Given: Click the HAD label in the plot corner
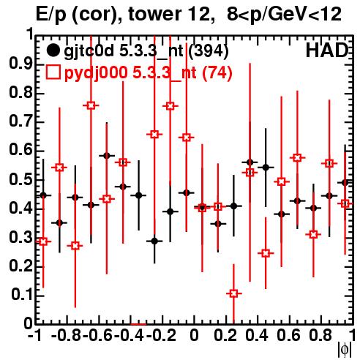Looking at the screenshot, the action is point(327,50).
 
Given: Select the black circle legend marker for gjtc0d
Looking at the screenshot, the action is point(53,50).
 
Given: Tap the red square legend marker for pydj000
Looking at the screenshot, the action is point(53,72).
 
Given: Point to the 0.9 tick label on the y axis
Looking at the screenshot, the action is point(20,64).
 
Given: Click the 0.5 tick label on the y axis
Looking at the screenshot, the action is point(20,180).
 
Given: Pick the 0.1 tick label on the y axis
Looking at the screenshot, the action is point(22,295).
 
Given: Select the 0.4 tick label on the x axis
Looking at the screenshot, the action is point(257,335).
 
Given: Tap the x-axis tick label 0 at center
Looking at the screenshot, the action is point(194,335).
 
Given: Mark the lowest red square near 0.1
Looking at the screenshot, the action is point(233,293).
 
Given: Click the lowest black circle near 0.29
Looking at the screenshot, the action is point(154,241).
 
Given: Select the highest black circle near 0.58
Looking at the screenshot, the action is point(107,156).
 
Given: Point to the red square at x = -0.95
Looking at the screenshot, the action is point(43,241).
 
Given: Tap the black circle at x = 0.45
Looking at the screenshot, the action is point(266,168).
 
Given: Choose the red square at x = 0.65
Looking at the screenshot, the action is point(297,158).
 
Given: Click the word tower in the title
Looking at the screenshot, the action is point(151,14).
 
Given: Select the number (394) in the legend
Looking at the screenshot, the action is point(209,51).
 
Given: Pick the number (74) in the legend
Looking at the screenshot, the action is point(217,72).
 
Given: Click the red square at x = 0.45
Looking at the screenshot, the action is point(266,253).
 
